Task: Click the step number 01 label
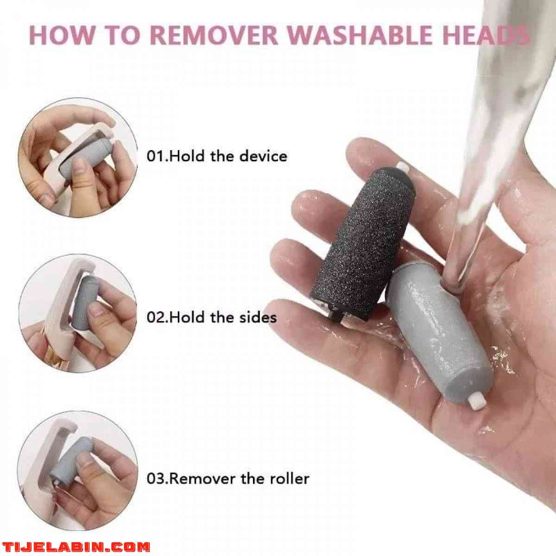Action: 156,156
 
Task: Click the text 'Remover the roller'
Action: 239,478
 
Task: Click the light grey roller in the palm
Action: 436,334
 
